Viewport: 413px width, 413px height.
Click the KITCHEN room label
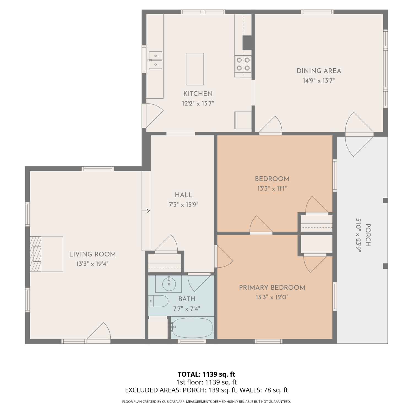tap(198, 94)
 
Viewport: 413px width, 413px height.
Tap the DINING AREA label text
tap(319, 71)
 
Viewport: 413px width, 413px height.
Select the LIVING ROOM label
tap(92, 254)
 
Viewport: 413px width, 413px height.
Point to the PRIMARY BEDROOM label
tap(272, 287)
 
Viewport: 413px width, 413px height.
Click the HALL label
tap(184, 195)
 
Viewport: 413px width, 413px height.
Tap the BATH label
tap(187, 299)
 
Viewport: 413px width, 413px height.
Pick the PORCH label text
tap(368, 235)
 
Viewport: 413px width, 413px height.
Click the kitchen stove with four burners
tap(243, 64)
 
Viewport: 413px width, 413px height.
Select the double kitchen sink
tap(156, 60)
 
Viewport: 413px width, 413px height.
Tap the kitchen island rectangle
tap(195, 69)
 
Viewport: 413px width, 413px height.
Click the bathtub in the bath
tap(192, 328)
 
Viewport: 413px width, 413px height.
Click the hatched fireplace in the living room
tap(36, 254)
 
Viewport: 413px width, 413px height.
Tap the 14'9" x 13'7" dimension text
tap(319, 81)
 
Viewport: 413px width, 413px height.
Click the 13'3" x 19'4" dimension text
tap(92, 264)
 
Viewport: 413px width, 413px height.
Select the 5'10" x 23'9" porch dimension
tap(358, 235)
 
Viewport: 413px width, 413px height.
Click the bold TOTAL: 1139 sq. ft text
tap(206, 374)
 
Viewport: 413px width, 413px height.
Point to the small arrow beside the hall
tap(146, 211)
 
